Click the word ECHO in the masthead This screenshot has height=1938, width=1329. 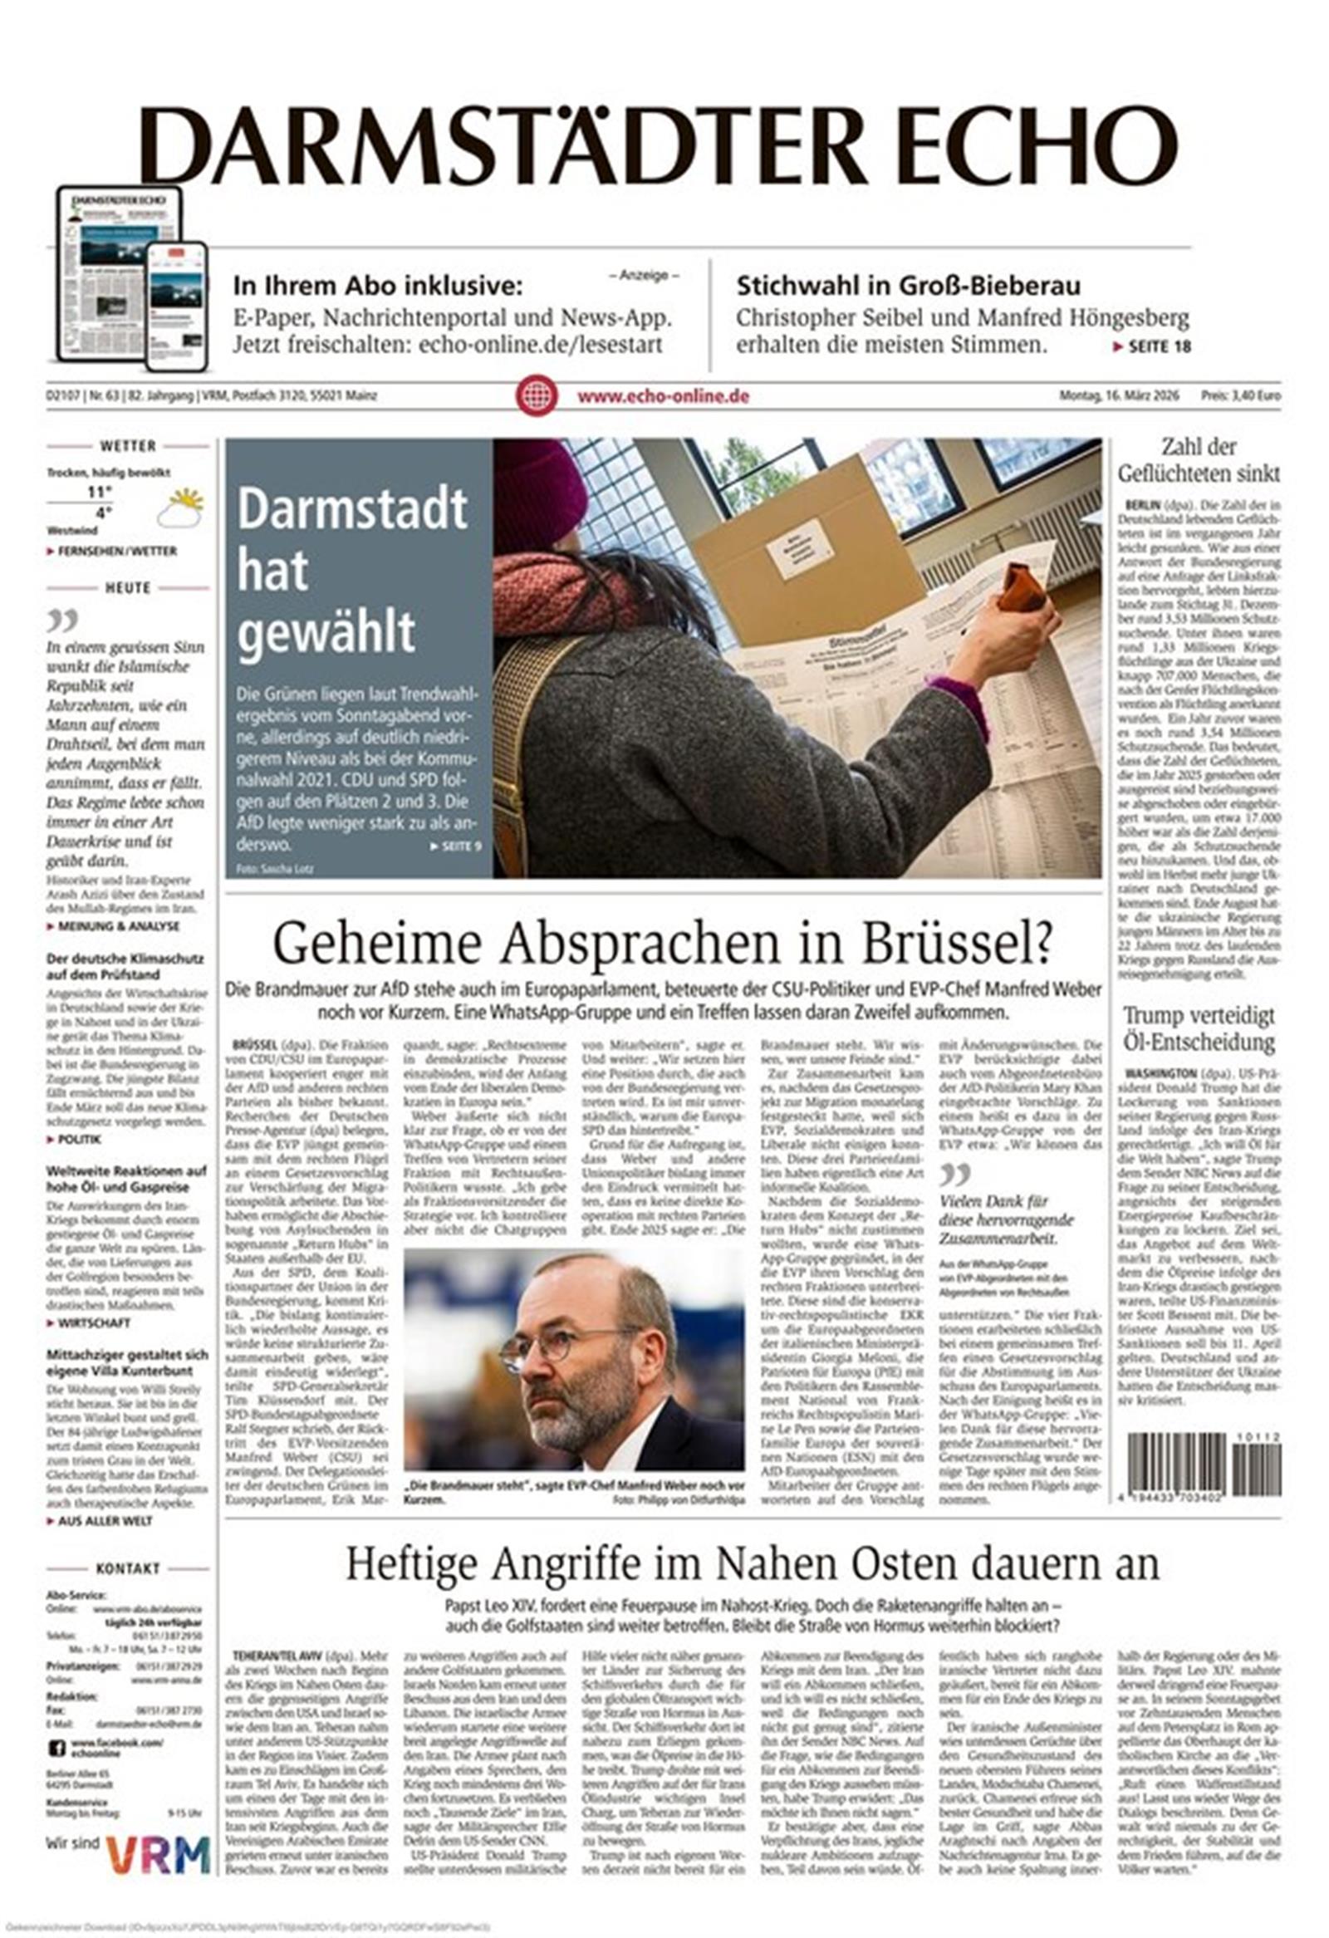coord(1027,146)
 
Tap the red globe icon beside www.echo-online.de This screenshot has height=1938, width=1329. coord(536,396)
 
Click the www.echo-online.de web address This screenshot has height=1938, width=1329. coord(663,397)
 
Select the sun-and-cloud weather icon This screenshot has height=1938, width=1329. coord(181,509)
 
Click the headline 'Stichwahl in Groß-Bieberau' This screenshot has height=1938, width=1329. coord(908,286)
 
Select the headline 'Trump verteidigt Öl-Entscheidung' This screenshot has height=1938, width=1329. coord(1199,1029)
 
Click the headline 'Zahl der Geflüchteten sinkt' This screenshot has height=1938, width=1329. coord(1199,460)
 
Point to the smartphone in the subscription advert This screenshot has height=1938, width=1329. coord(176,306)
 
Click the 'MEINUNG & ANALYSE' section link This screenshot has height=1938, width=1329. coord(118,926)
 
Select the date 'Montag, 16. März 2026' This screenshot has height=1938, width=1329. coord(1119,396)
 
